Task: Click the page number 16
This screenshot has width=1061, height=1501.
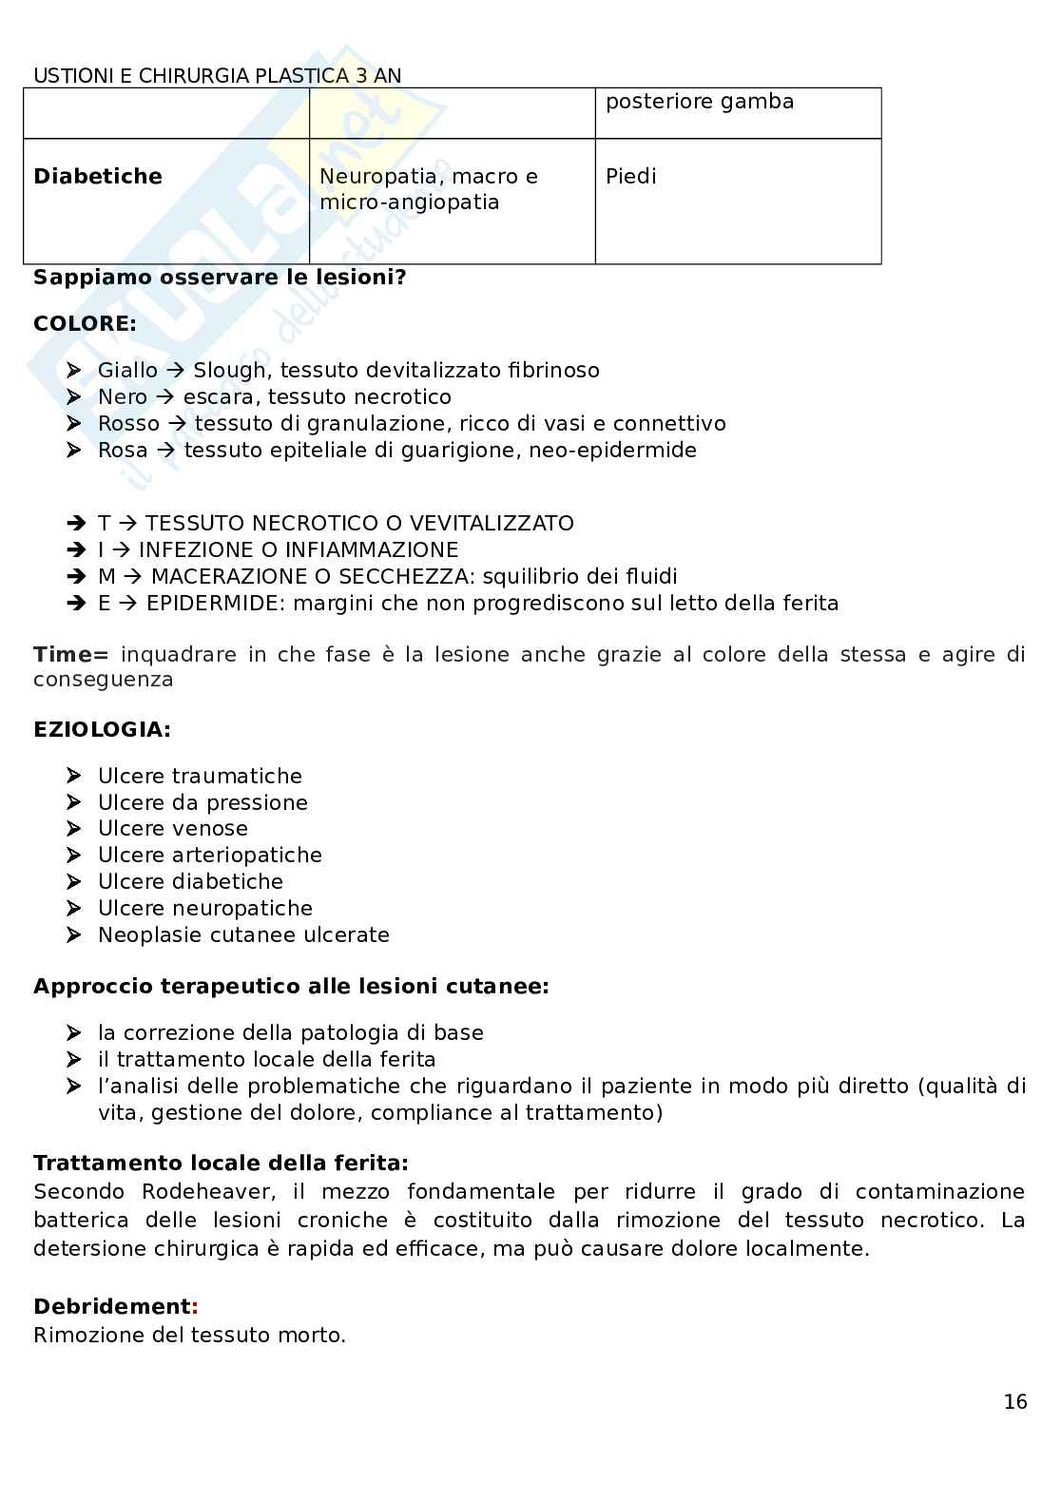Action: tap(1014, 1401)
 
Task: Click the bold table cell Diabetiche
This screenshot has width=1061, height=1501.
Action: tap(98, 177)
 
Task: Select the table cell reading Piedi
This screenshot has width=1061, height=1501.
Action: tap(630, 177)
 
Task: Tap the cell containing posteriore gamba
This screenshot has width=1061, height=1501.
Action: tap(699, 102)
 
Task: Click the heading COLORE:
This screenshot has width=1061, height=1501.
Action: tap(85, 323)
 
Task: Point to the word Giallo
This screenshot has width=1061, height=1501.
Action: tap(127, 371)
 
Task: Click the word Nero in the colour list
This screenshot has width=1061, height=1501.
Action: tap(123, 397)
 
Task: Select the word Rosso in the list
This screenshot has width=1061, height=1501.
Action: tap(128, 424)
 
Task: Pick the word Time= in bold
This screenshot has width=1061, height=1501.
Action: tap(71, 655)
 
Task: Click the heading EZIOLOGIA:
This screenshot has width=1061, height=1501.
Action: tap(102, 730)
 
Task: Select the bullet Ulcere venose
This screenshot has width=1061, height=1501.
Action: tap(172, 829)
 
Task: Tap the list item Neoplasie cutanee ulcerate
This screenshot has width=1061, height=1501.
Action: tap(243, 935)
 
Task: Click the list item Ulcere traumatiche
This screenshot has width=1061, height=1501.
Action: tap(200, 777)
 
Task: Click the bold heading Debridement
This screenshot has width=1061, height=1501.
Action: tap(112, 1306)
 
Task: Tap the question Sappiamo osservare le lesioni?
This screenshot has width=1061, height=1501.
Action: tap(220, 279)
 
